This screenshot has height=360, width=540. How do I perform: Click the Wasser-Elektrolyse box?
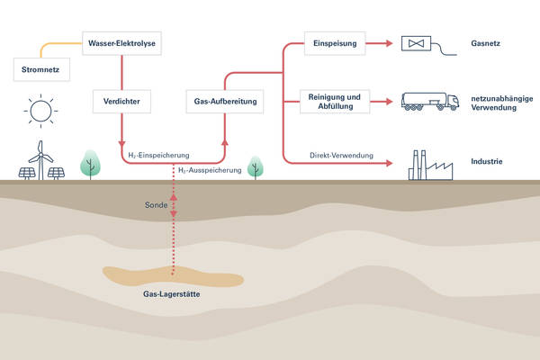[121, 42]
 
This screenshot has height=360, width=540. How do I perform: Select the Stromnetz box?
[40, 67]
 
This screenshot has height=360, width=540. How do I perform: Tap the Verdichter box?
[121, 101]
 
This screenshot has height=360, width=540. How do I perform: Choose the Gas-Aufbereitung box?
[224, 101]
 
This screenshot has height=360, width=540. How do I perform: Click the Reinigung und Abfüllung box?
[333, 101]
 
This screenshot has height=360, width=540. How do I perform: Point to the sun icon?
[40, 111]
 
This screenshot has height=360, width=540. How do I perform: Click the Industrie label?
[487, 163]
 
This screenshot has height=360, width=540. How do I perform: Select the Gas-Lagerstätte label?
[172, 293]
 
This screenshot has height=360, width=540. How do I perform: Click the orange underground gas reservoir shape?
[171, 275]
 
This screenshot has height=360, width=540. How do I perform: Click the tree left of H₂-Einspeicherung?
[90, 163]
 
